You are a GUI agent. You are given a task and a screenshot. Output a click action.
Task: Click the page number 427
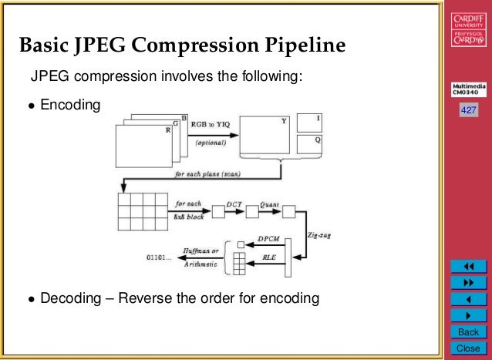(x=468, y=111)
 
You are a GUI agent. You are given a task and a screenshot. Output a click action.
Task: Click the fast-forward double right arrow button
(x=468, y=283)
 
